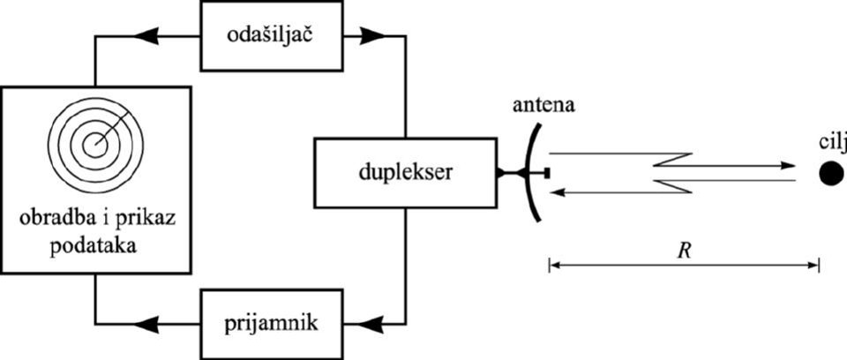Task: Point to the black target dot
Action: pos(829,173)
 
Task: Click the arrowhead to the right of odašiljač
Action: pos(374,36)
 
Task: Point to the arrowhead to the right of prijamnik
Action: pos(374,323)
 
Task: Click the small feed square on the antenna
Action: pos(547,173)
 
